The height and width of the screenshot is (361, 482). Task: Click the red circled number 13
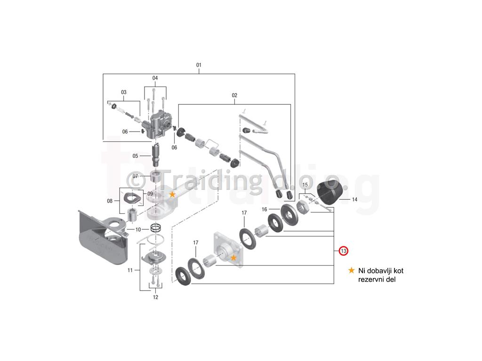click(x=343, y=251)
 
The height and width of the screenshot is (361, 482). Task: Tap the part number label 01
click(x=199, y=65)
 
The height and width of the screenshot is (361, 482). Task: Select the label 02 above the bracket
click(x=234, y=95)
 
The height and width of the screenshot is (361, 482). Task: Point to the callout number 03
click(x=124, y=92)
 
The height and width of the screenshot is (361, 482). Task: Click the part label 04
click(x=155, y=78)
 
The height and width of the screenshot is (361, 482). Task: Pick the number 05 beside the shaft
click(x=135, y=156)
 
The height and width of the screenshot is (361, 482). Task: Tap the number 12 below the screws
click(x=155, y=297)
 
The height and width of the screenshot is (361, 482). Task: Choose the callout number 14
click(x=354, y=199)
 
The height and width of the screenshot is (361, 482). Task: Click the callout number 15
click(x=305, y=185)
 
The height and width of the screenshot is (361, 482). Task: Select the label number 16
click(x=265, y=209)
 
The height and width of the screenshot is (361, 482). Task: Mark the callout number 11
click(x=130, y=270)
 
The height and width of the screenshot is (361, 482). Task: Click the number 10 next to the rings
click(x=138, y=229)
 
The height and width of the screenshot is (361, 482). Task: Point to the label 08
click(x=110, y=201)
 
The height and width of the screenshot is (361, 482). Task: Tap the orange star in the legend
click(x=351, y=270)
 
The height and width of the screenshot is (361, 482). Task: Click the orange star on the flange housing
click(x=233, y=258)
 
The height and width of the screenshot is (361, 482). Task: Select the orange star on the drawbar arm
click(x=172, y=194)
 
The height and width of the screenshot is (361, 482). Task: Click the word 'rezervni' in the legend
click(x=371, y=279)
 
